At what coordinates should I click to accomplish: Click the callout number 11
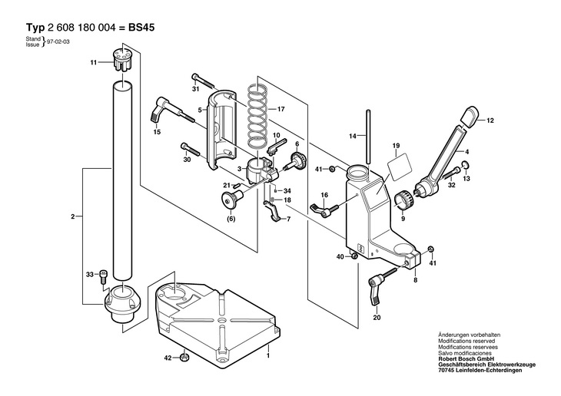[x=94, y=62]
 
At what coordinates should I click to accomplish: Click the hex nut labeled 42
[x=184, y=357]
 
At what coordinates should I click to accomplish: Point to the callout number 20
[x=377, y=318]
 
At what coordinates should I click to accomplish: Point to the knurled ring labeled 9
[x=404, y=200]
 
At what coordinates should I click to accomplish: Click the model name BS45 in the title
[x=141, y=28]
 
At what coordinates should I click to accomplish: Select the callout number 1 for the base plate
[x=267, y=355]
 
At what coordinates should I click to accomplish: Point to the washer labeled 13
[x=466, y=165]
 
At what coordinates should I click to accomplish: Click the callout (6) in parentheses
[x=231, y=219]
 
